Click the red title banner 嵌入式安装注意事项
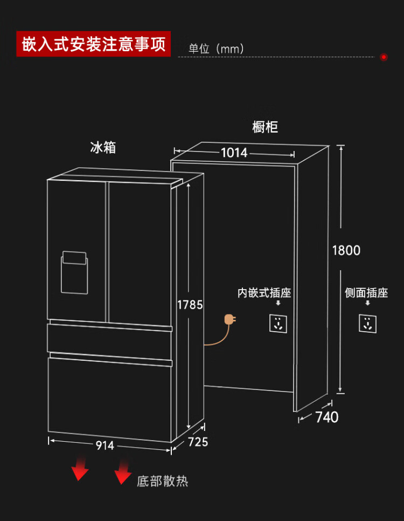[93, 44]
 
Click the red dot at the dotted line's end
[384, 57]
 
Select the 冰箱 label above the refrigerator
[103, 147]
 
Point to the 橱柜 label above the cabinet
[265, 127]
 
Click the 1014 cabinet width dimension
[234, 153]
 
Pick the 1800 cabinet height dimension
[346, 251]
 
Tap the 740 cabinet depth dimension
[327, 417]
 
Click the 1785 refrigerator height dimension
[190, 305]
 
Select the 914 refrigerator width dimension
[105, 445]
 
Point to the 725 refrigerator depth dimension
[198, 442]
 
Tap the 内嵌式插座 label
[264, 293]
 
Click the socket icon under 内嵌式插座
[278, 323]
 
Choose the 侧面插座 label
[366, 293]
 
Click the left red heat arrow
[80, 468]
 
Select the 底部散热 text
[163, 481]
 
